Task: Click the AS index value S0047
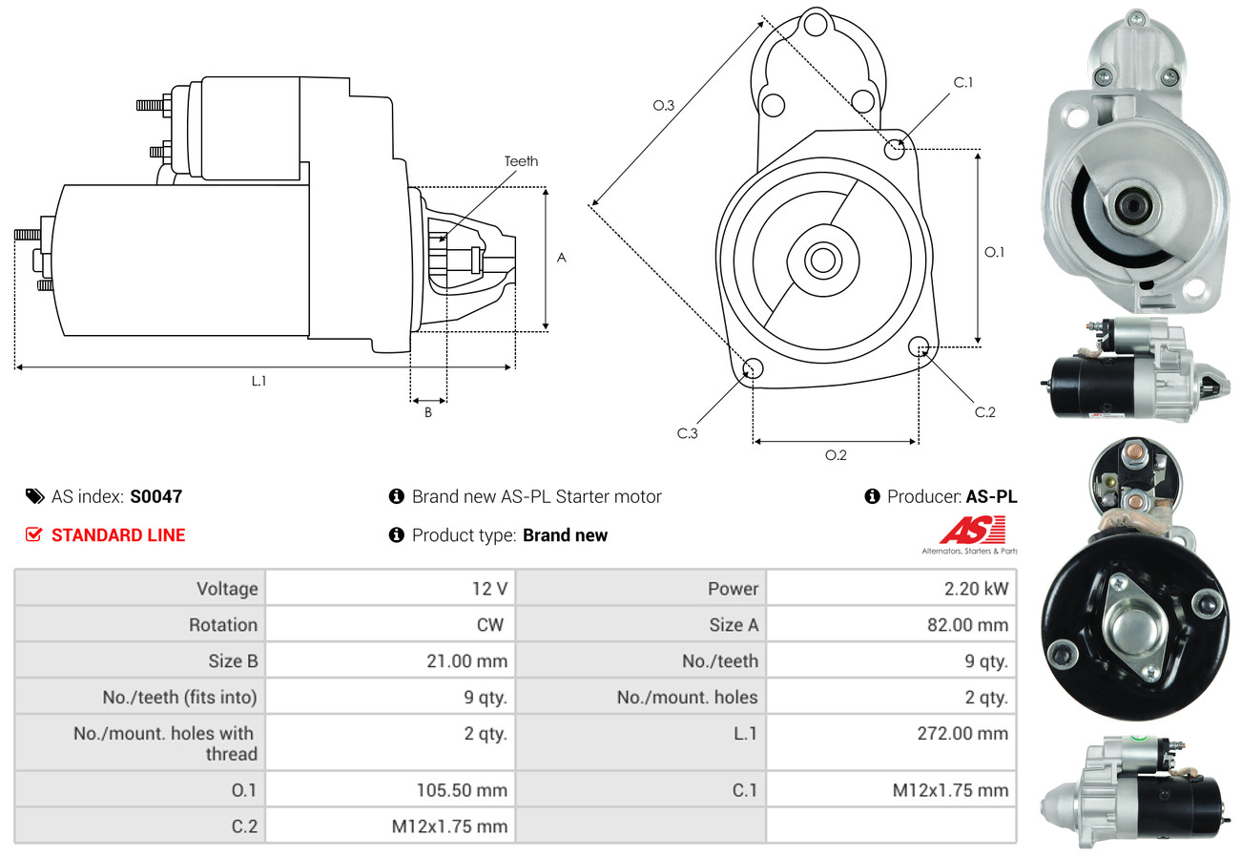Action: coord(155,496)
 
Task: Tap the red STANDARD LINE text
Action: coord(118,535)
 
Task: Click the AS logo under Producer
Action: coord(970,533)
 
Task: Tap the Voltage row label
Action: coord(227,589)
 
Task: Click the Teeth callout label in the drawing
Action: coord(521,161)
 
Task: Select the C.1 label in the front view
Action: coord(963,82)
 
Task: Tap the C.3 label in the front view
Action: coord(688,433)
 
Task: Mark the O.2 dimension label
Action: coord(836,455)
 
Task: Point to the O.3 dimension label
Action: coord(664,106)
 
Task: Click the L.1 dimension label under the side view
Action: coord(259,381)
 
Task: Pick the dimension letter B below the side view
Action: coord(428,413)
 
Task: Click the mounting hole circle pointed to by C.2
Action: coord(920,346)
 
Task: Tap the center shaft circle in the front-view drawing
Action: coord(819,260)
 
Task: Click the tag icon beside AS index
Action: coord(34,496)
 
